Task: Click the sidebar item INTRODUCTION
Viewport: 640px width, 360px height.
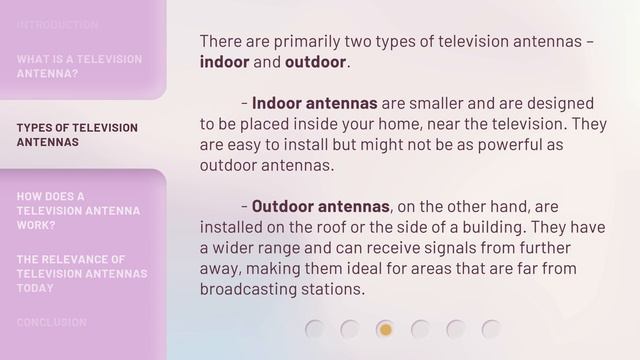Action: click(x=57, y=24)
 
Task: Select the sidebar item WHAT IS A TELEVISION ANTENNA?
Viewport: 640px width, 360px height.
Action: click(x=79, y=66)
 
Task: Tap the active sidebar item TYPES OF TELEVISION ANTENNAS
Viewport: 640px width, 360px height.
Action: click(x=77, y=134)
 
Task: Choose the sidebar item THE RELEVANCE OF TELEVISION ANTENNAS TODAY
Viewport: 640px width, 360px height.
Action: click(x=82, y=273)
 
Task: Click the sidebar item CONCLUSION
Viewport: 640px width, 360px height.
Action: click(x=51, y=322)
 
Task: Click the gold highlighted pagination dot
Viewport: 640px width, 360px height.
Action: click(x=385, y=329)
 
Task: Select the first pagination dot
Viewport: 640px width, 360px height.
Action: click(x=315, y=329)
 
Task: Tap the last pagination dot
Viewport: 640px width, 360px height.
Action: click(x=490, y=329)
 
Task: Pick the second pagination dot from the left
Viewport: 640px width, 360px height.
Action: click(x=350, y=329)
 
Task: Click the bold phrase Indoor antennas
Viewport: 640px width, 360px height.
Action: click(x=314, y=103)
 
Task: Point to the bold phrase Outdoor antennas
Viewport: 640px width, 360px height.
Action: click(x=319, y=207)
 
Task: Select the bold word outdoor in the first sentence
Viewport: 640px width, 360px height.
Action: click(x=315, y=63)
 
